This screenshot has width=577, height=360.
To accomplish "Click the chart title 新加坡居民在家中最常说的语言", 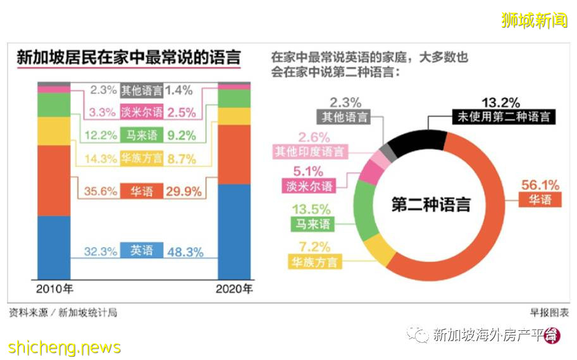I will coord(128,58).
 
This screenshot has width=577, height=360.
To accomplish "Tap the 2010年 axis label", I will coord(54,290).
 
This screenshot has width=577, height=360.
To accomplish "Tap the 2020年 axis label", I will coord(234,290).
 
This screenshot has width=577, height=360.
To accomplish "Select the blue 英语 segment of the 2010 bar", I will coord(54,247).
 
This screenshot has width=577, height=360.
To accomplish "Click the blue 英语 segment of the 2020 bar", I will coord(234,232).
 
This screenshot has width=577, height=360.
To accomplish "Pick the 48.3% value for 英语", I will coord(185,252).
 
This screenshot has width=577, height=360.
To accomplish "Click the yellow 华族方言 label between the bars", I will coord(142,159).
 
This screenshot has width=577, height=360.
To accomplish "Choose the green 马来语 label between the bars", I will coord(142,135).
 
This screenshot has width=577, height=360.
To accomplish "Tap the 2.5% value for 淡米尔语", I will coord(182,113).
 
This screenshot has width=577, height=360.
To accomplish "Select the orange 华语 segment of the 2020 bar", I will coord(234,154).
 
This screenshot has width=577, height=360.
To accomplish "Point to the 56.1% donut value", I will coord(539,185).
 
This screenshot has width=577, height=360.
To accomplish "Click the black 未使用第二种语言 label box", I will coord(504,116).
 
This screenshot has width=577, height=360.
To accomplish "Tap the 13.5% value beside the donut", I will coord(311,209).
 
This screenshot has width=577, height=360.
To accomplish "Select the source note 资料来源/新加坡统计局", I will coord(63,313).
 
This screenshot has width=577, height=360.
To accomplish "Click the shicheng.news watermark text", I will coord(65,347).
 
